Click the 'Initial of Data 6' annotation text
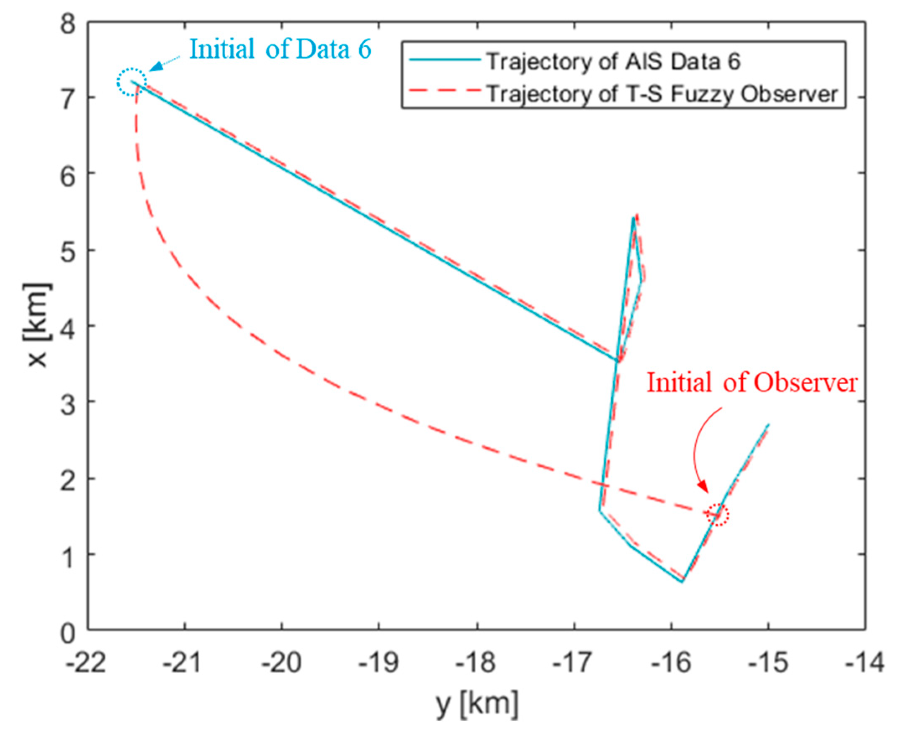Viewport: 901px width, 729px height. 281,49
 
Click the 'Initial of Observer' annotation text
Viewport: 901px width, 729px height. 752,383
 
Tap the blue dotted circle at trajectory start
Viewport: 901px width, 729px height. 132,82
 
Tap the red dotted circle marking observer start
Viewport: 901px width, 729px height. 718,514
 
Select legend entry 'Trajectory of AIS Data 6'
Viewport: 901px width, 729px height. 613,62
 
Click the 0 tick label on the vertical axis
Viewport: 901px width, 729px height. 68,633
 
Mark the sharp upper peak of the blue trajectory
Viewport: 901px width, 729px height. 633,218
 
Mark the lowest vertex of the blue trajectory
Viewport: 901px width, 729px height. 682,582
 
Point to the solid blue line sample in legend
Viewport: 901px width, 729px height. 445,60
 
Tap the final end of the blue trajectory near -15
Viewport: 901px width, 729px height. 768,424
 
